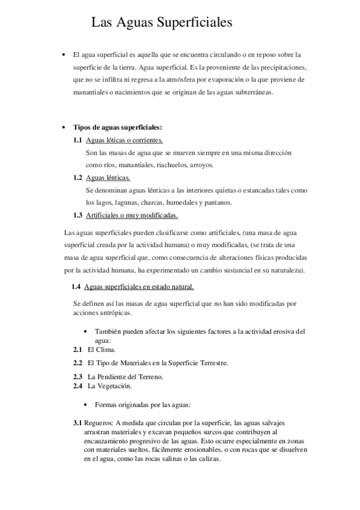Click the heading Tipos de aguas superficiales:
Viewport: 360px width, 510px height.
tap(117, 127)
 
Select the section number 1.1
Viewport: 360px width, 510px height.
tap(78, 140)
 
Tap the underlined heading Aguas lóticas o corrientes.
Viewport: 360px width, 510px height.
tap(124, 140)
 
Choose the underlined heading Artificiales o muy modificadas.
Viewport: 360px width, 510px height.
tap(132, 215)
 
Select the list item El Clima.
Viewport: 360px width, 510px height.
tap(102, 349)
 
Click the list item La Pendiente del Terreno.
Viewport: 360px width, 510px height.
tap(126, 376)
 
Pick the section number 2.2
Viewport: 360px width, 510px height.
tap(78, 363)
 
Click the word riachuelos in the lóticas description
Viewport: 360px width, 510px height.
tap(171, 165)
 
